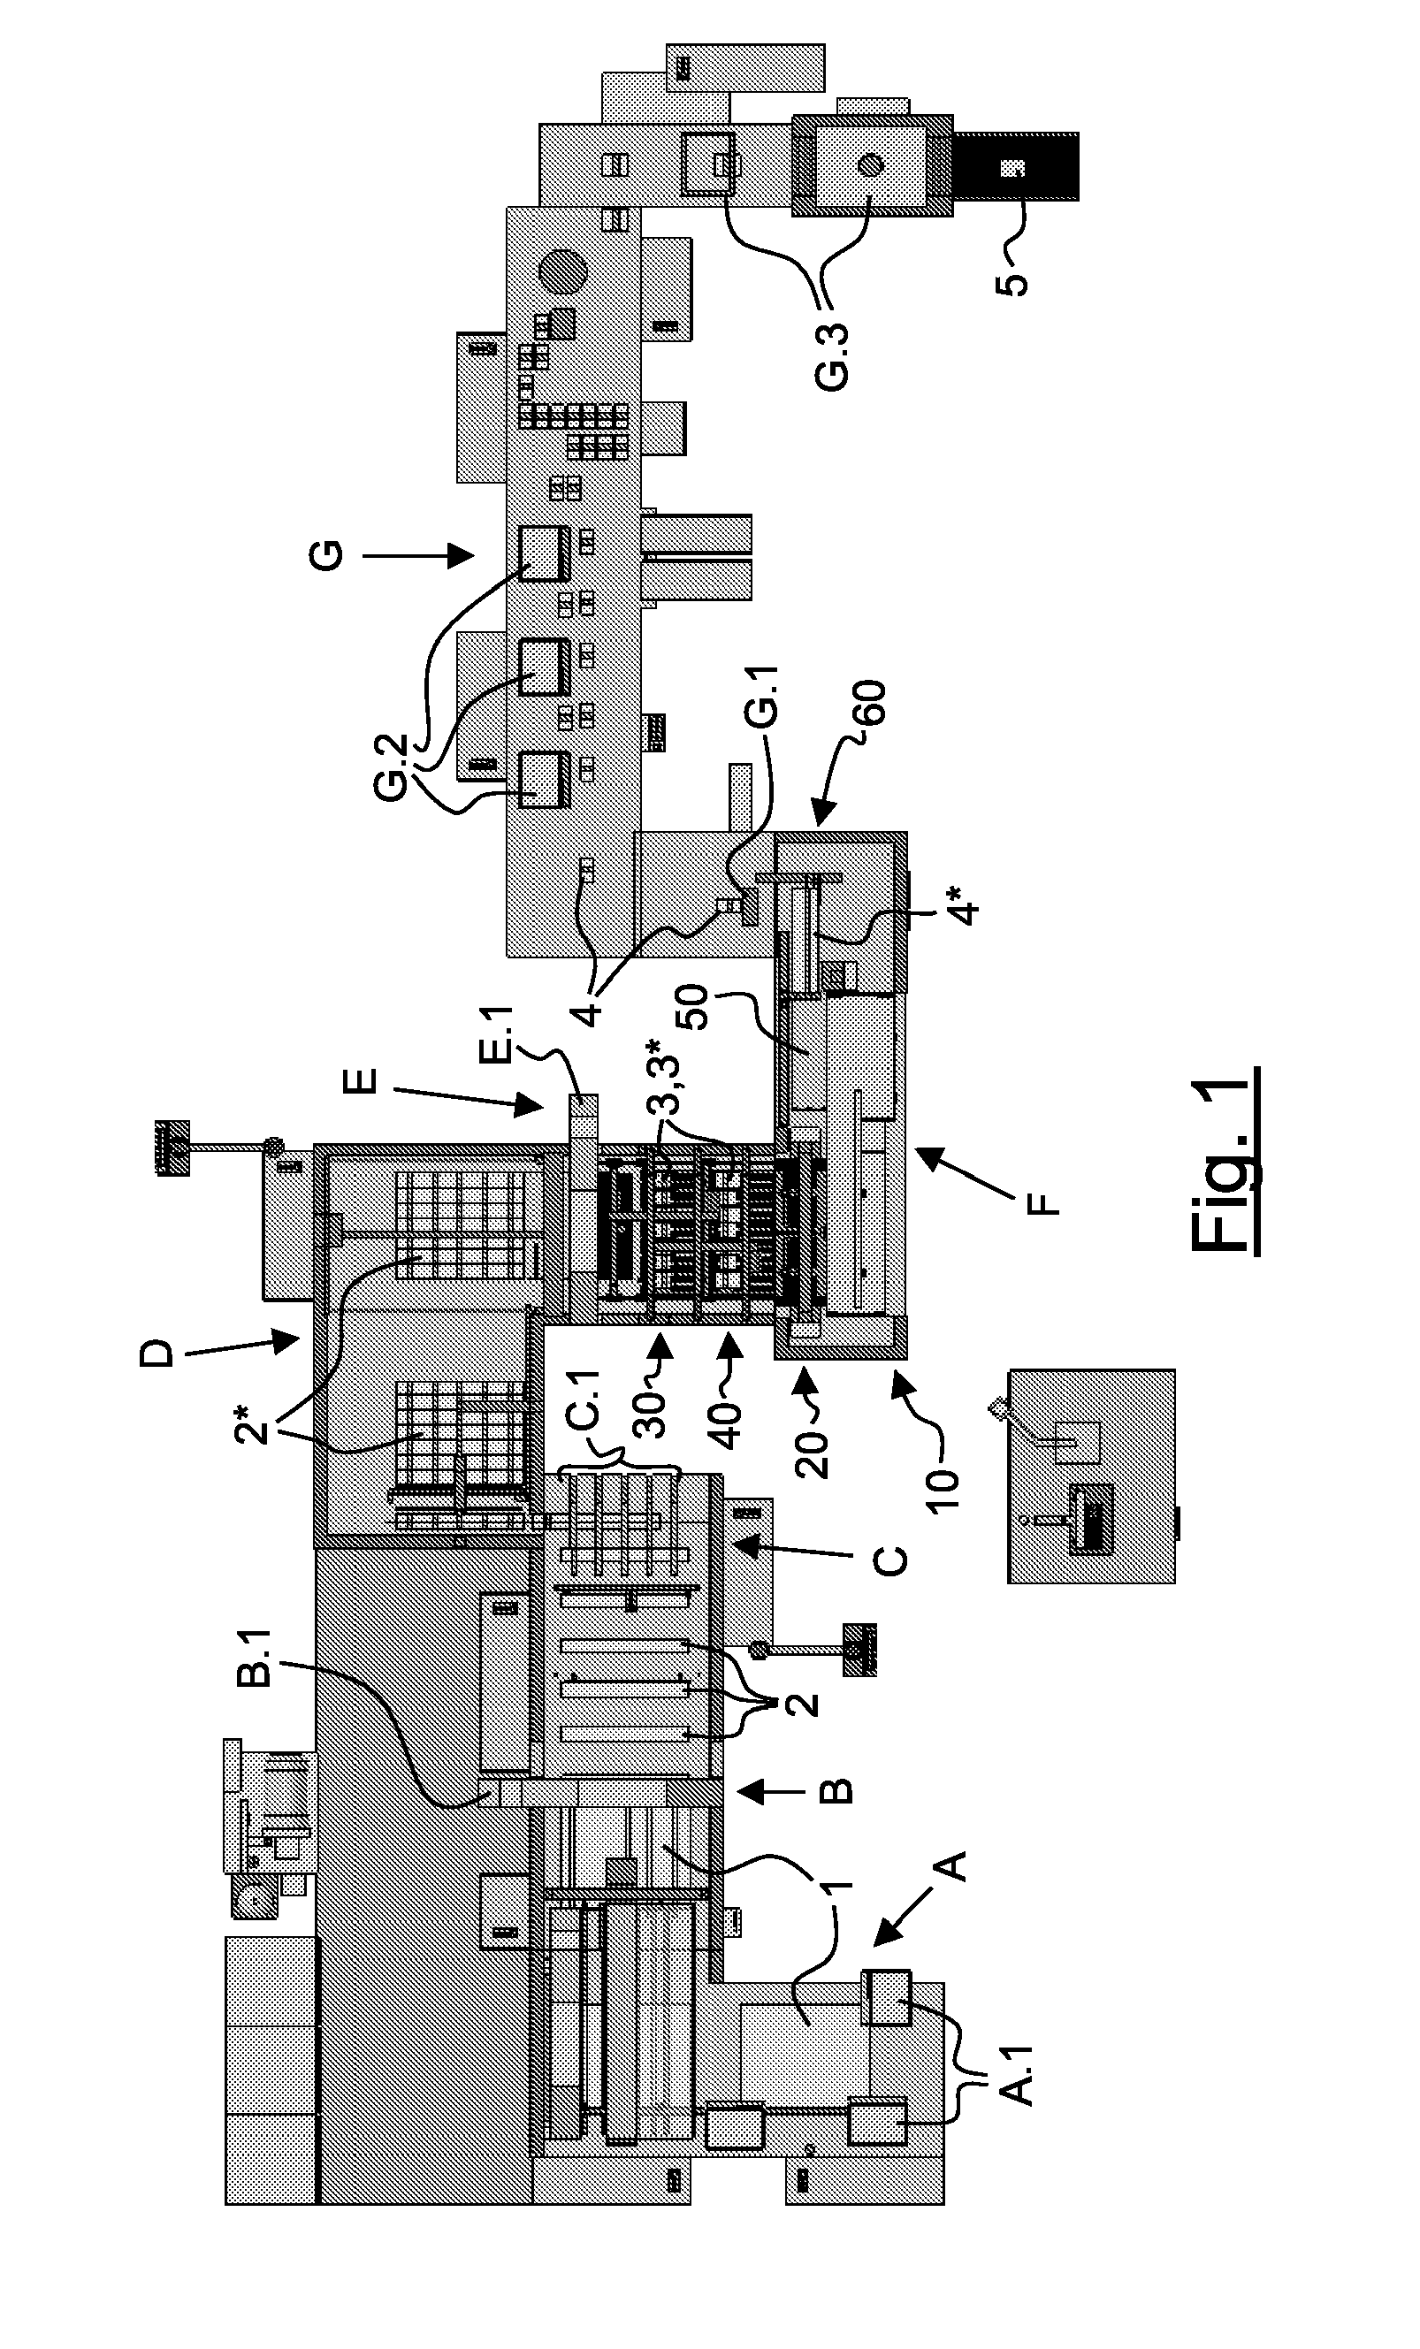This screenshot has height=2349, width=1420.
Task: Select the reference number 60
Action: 871,704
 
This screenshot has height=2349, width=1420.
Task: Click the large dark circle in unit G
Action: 561,272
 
